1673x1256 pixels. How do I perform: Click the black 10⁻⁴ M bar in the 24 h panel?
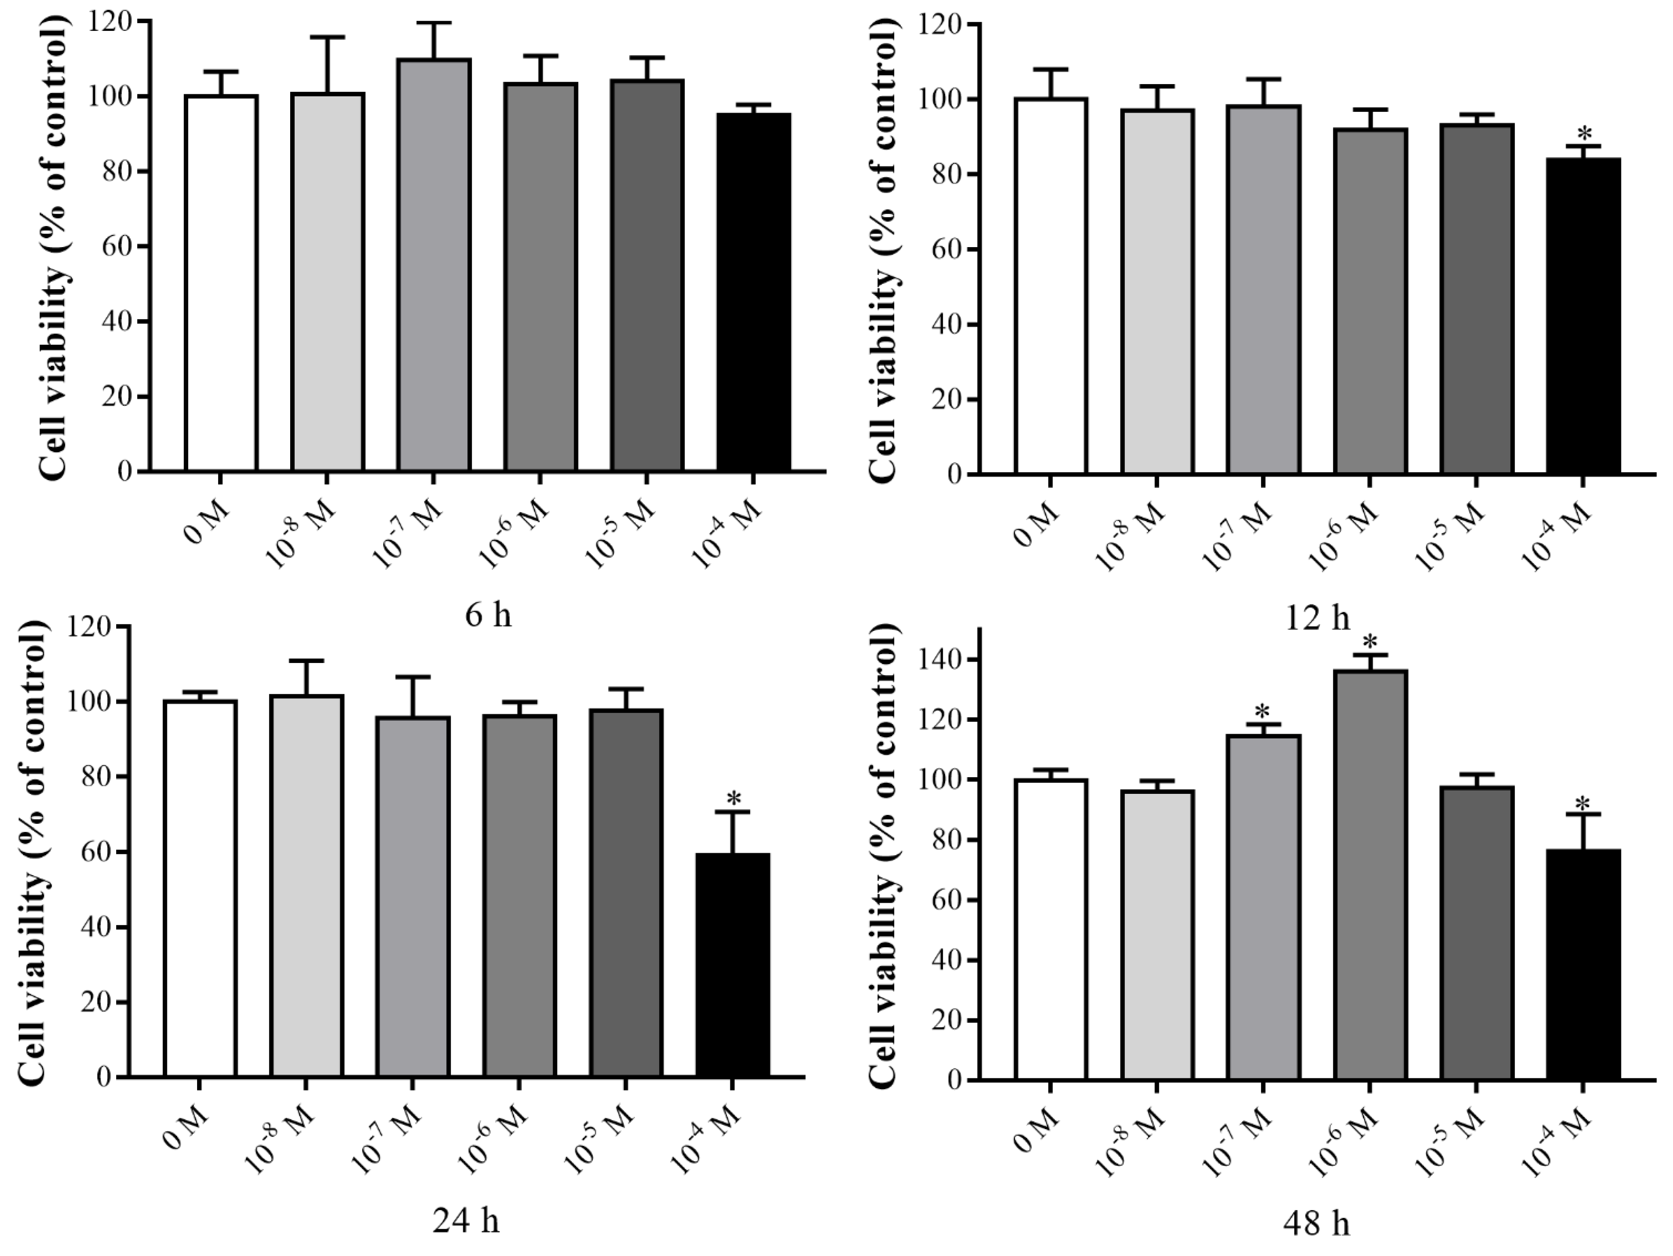tap(732, 965)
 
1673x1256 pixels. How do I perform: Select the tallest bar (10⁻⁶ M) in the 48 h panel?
tap(1370, 874)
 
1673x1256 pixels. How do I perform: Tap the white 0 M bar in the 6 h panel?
tap(221, 284)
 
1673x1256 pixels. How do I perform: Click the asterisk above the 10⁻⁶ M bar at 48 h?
tap(1370, 642)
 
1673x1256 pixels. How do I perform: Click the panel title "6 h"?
tap(488, 615)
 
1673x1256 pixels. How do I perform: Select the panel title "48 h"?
tap(1316, 1223)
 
